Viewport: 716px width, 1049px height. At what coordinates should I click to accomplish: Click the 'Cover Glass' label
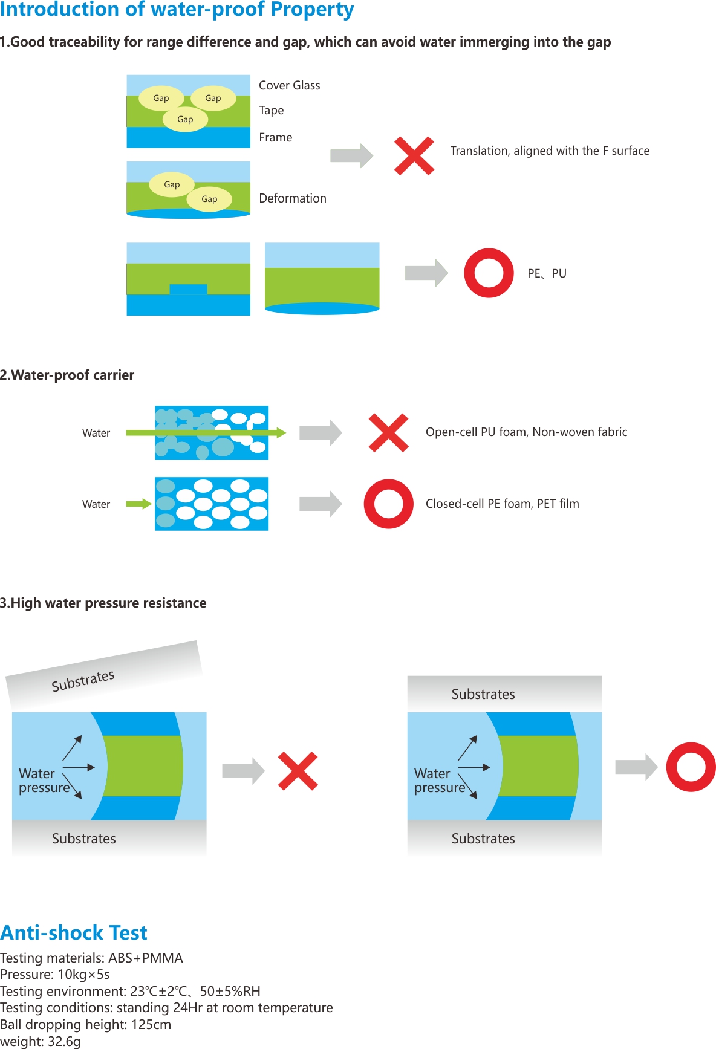pyautogui.click(x=289, y=85)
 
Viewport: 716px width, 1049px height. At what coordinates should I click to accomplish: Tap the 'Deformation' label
pyautogui.click(x=292, y=198)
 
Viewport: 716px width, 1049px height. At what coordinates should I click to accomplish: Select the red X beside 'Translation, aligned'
pyautogui.click(x=414, y=156)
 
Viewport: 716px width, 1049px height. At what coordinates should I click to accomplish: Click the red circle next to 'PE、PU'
pyautogui.click(x=489, y=273)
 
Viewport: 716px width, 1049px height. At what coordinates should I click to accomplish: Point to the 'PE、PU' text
pyautogui.click(x=547, y=273)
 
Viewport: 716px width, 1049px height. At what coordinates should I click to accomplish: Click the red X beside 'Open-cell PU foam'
pyautogui.click(x=388, y=433)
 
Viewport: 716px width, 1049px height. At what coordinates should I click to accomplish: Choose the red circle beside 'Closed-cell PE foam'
pyautogui.click(x=388, y=504)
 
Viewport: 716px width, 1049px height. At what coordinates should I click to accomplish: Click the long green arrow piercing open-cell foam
pyautogui.click(x=206, y=433)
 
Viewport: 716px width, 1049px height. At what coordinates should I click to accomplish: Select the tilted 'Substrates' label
pyautogui.click(x=83, y=681)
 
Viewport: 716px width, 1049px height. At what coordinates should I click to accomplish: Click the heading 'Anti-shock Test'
pyautogui.click(x=74, y=933)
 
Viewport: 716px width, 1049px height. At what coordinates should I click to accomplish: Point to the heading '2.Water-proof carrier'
pyautogui.click(x=67, y=375)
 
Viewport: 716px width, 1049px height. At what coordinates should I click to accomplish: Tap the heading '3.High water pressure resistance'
pyautogui.click(x=103, y=603)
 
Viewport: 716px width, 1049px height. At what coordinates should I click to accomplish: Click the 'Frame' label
pyautogui.click(x=275, y=137)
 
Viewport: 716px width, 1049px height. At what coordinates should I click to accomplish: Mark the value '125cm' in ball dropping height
pyautogui.click(x=151, y=1024)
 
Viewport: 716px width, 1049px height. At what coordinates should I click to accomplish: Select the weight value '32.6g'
pyautogui.click(x=64, y=1041)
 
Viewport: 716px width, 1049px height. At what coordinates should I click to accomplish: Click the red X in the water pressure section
pyautogui.click(x=298, y=771)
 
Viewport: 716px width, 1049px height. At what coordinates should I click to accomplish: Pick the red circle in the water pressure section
pyautogui.click(x=691, y=767)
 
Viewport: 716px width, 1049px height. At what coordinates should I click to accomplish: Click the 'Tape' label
pyautogui.click(x=271, y=110)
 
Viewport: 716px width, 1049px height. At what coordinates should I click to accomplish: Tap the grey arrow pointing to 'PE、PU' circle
pyautogui.click(x=426, y=273)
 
